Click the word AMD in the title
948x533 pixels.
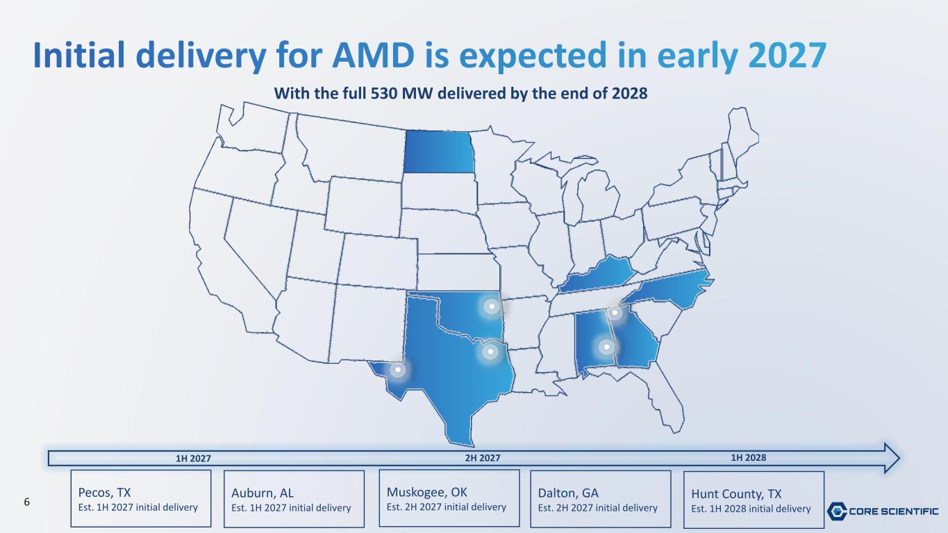click(373, 55)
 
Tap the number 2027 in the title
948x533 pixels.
click(787, 55)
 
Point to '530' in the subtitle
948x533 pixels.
click(384, 93)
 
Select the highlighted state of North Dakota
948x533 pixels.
click(438, 151)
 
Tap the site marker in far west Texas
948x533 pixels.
click(398, 370)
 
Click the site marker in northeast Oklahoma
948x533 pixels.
click(492, 306)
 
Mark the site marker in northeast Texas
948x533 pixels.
click(490, 352)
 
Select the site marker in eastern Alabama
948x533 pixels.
click(606, 347)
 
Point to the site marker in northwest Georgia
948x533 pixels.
click(615, 313)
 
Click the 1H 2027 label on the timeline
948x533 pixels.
click(193, 459)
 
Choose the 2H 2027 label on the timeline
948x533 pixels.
click(483, 458)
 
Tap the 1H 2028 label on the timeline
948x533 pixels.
click(748, 458)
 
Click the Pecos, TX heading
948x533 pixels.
click(105, 493)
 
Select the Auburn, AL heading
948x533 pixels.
click(263, 493)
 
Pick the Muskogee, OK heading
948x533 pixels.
click(426, 492)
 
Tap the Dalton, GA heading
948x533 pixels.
click(568, 493)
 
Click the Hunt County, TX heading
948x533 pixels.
click(736, 494)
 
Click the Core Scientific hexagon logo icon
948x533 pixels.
click(837, 511)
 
